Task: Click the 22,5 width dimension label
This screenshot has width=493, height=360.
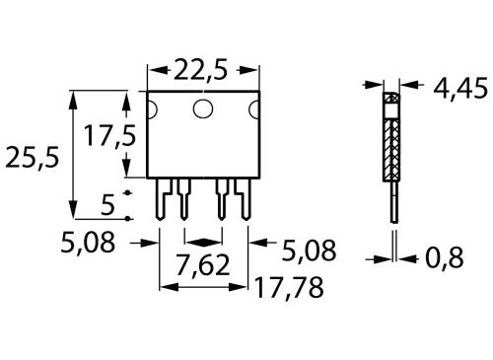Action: [202, 70]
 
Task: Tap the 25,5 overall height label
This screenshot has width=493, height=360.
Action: [29, 157]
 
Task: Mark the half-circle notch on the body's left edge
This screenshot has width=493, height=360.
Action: [151, 108]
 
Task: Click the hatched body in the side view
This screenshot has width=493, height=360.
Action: [392, 143]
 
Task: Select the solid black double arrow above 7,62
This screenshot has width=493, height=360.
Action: [202, 241]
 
